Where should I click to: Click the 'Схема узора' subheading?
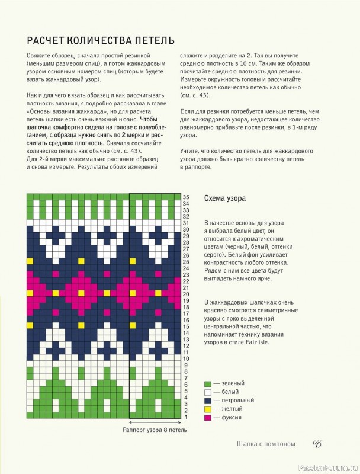pos(224,198)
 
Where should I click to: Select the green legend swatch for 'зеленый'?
pos(207,383)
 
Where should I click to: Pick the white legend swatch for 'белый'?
pos(207,392)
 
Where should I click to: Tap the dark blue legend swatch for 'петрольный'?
pos(207,401)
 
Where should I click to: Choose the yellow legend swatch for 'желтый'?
pos(207,409)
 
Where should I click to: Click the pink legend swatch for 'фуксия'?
pos(207,418)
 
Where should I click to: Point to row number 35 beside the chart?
pos(186,197)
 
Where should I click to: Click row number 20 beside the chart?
pos(186,294)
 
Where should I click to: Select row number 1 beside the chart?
pos(186,417)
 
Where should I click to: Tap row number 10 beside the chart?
pos(186,358)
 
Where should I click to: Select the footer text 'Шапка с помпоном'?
pos(265,445)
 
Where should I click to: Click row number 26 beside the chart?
pos(186,255)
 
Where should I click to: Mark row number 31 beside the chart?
pos(186,223)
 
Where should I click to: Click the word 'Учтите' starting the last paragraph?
pos(191,151)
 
